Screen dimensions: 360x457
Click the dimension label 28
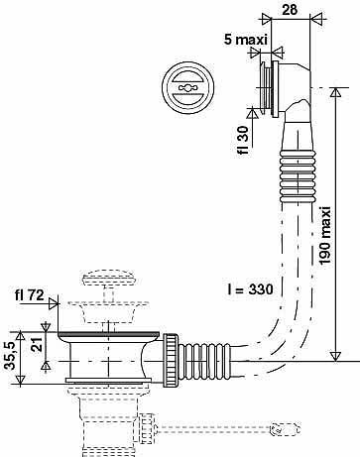click(x=290, y=9)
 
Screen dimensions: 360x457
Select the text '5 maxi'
click(x=246, y=40)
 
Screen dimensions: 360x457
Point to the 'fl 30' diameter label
click(x=243, y=140)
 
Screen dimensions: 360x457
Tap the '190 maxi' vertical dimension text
click(x=325, y=235)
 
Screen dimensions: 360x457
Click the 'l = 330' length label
click(x=250, y=289)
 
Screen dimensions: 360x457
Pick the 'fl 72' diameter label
click(x=29, y=294)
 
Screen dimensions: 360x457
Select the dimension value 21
click(x=39, y=344)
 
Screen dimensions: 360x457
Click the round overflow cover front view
click(x=188, y=88)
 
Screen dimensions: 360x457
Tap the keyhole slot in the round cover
click(x=187, y=87)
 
